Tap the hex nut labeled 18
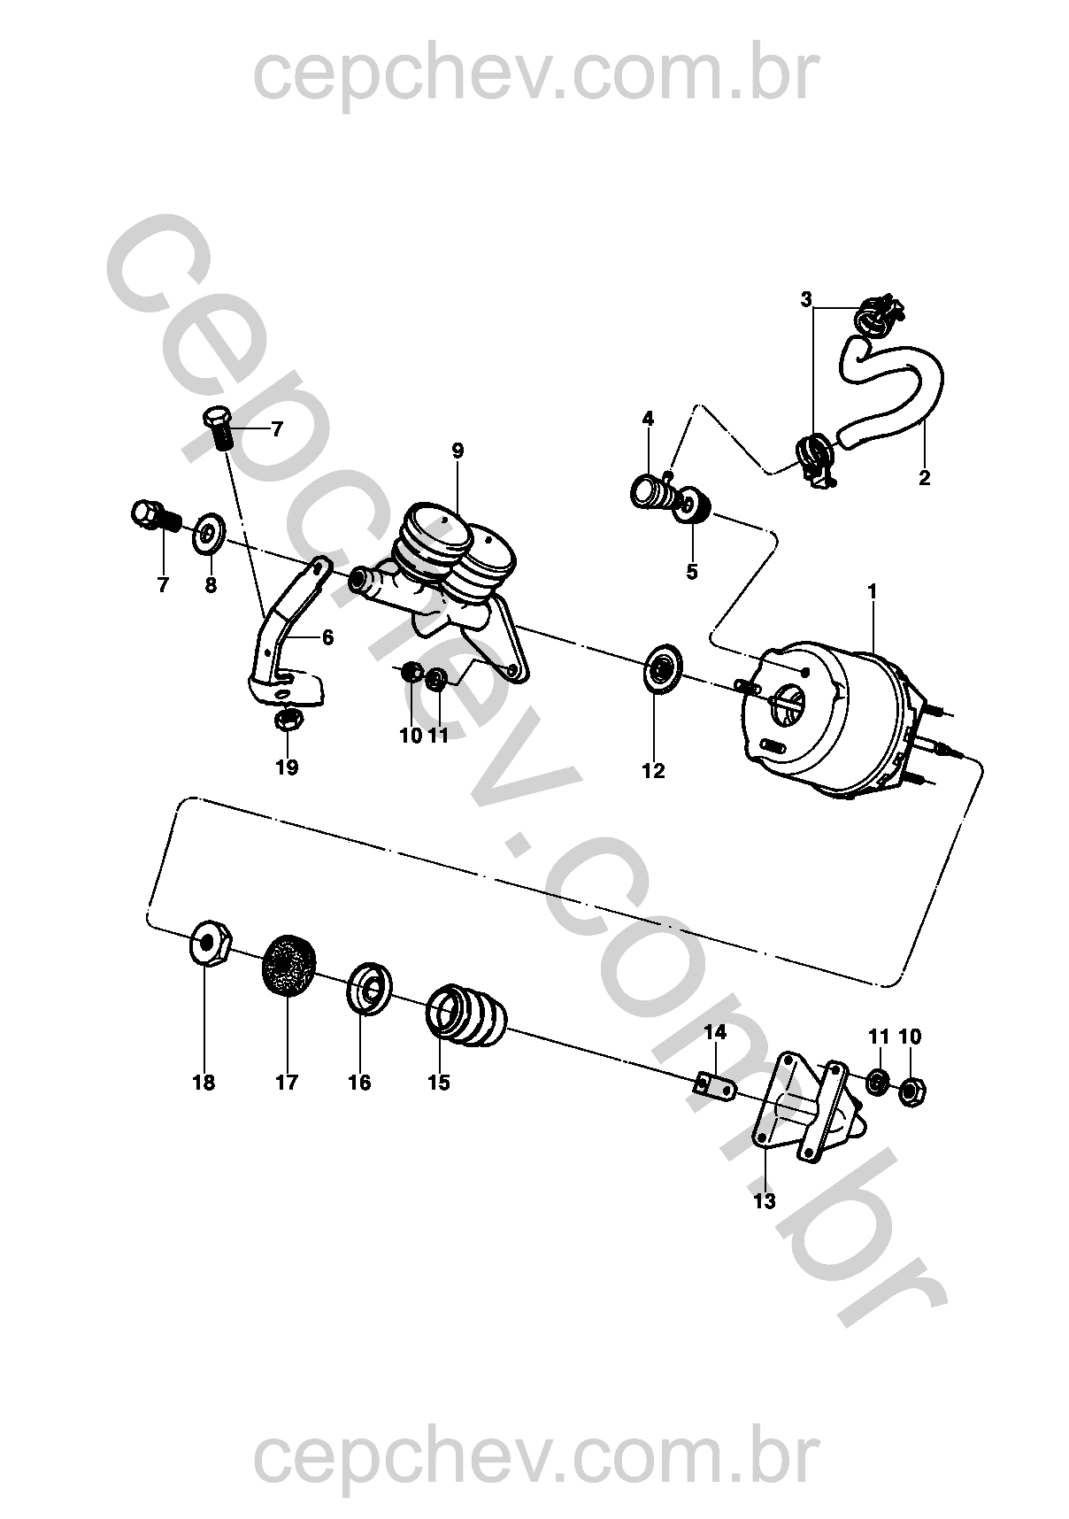(211, 945)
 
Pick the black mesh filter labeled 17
(290, 966)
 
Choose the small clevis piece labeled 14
(714, 1086)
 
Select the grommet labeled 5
(696, 508)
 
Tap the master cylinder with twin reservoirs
(438, 584)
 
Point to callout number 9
(458, 450)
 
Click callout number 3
(806, 299)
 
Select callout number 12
(653, 771)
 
